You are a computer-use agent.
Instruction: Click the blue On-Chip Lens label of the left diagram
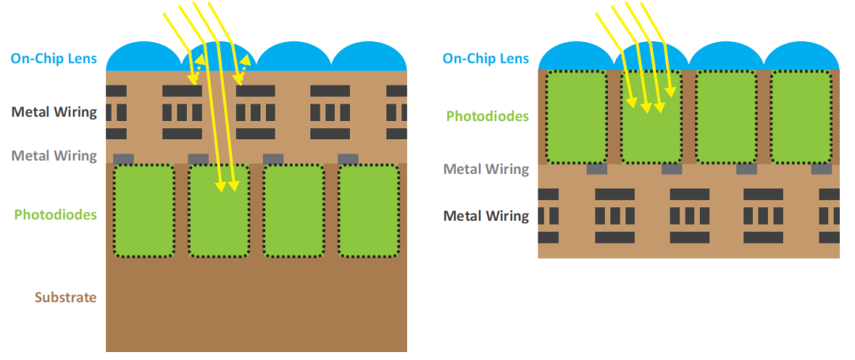click(x=54, y=58)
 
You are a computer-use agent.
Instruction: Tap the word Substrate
click(x=65, y=297)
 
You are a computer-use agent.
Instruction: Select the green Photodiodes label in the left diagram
click(x=55, y=214)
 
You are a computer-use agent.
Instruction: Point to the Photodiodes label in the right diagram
click(x=487, y=116)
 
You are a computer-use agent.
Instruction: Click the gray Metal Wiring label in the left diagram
click(x=54, y=156)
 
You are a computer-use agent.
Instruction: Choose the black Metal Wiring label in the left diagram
click(x=54, y=112)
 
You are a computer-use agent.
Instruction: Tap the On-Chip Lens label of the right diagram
click(x=485, y=58)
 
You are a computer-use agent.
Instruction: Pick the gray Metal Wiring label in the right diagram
click(x=486, y=169)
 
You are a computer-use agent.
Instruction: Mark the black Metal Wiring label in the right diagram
click(x=486, y=215)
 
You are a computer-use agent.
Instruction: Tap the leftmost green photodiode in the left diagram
click(x=143, y=210)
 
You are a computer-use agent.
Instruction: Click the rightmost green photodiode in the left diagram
click(x=368, y=210)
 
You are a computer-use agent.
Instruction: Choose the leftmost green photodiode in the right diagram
click(x=576, y=116)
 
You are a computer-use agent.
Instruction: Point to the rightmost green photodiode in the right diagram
click(x=800, y=116)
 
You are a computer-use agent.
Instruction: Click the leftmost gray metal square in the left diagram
click(x=123, y=159)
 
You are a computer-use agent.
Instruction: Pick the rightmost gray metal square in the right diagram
click(x=821, y=169)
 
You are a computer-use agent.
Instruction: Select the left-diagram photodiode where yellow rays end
click(x=218, y=210)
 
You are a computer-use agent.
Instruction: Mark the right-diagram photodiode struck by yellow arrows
click(x=651, y=116)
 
